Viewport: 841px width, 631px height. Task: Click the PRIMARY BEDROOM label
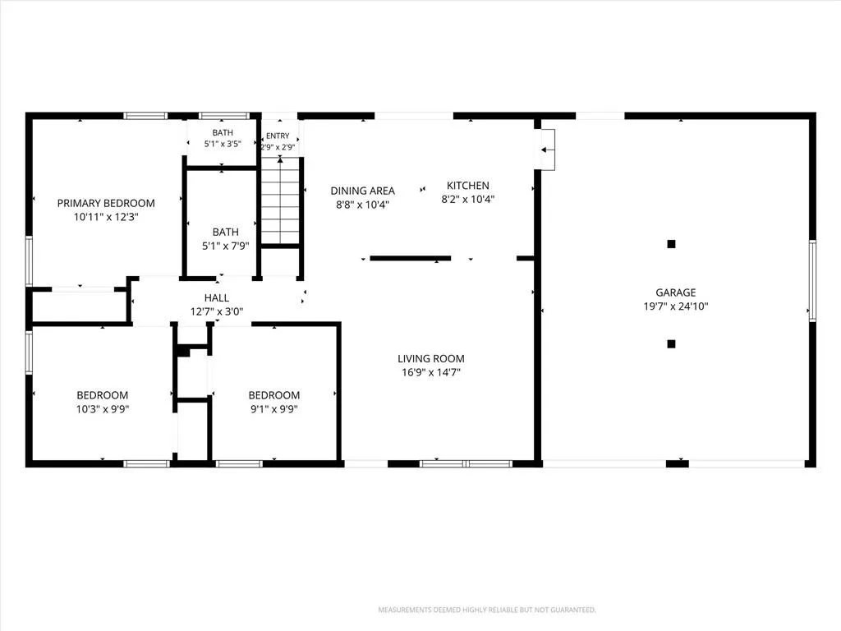click(x=106, y=204)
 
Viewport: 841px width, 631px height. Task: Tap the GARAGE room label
click(x=676, y=292)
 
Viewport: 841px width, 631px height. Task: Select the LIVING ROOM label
click(x=431, y=358)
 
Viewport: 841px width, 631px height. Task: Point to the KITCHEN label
click(x=467, y=186)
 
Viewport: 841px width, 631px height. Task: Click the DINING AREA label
click(x=362, y=191)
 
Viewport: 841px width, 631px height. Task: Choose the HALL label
click(x=217, y=297)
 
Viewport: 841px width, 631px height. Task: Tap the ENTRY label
click(x=278, y=136)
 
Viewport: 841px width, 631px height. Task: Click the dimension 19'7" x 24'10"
click(x=676, y=306)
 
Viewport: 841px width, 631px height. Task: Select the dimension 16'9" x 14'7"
click(x=431, y=372)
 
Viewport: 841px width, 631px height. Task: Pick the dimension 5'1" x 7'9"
click(x=226, y=246)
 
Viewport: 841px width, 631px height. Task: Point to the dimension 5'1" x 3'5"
click(x=223, y=144)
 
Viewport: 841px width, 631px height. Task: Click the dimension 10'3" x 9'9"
click(x=103, y=409)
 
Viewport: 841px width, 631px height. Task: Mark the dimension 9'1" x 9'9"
click(x=274, y=409)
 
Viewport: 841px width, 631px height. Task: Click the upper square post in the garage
click(x=671, y=244)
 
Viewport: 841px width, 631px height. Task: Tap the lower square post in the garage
click(x=671, y=344)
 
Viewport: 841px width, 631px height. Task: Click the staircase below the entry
click(x=280, y=200)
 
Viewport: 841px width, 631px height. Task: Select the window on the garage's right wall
click(x=812, y=281)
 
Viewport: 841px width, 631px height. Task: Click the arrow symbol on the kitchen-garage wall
click(x=547, y=150)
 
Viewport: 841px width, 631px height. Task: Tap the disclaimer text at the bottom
click(x=487, y=610)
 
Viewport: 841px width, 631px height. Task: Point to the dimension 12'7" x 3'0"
click(x=217, y=311)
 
